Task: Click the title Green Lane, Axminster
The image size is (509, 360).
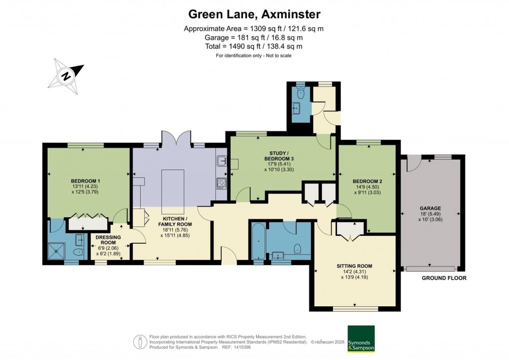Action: point(254,13)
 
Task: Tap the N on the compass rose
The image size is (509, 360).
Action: point(66,76)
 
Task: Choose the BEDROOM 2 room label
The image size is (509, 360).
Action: point(367,181)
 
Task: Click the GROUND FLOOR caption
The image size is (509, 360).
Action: point(444,278)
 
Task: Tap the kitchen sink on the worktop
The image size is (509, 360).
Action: point(222,161)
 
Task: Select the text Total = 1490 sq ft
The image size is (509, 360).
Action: point(254,46)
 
